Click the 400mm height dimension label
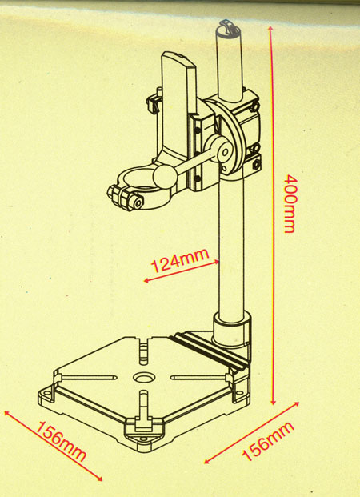290,203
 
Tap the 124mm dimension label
180,260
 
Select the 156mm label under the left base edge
61,442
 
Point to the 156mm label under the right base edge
268,441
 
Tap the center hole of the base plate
144,378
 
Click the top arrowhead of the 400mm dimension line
270,29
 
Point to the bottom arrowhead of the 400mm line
273,402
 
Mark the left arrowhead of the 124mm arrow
146,280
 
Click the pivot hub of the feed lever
224,152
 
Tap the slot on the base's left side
89,378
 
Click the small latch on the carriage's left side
154,102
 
